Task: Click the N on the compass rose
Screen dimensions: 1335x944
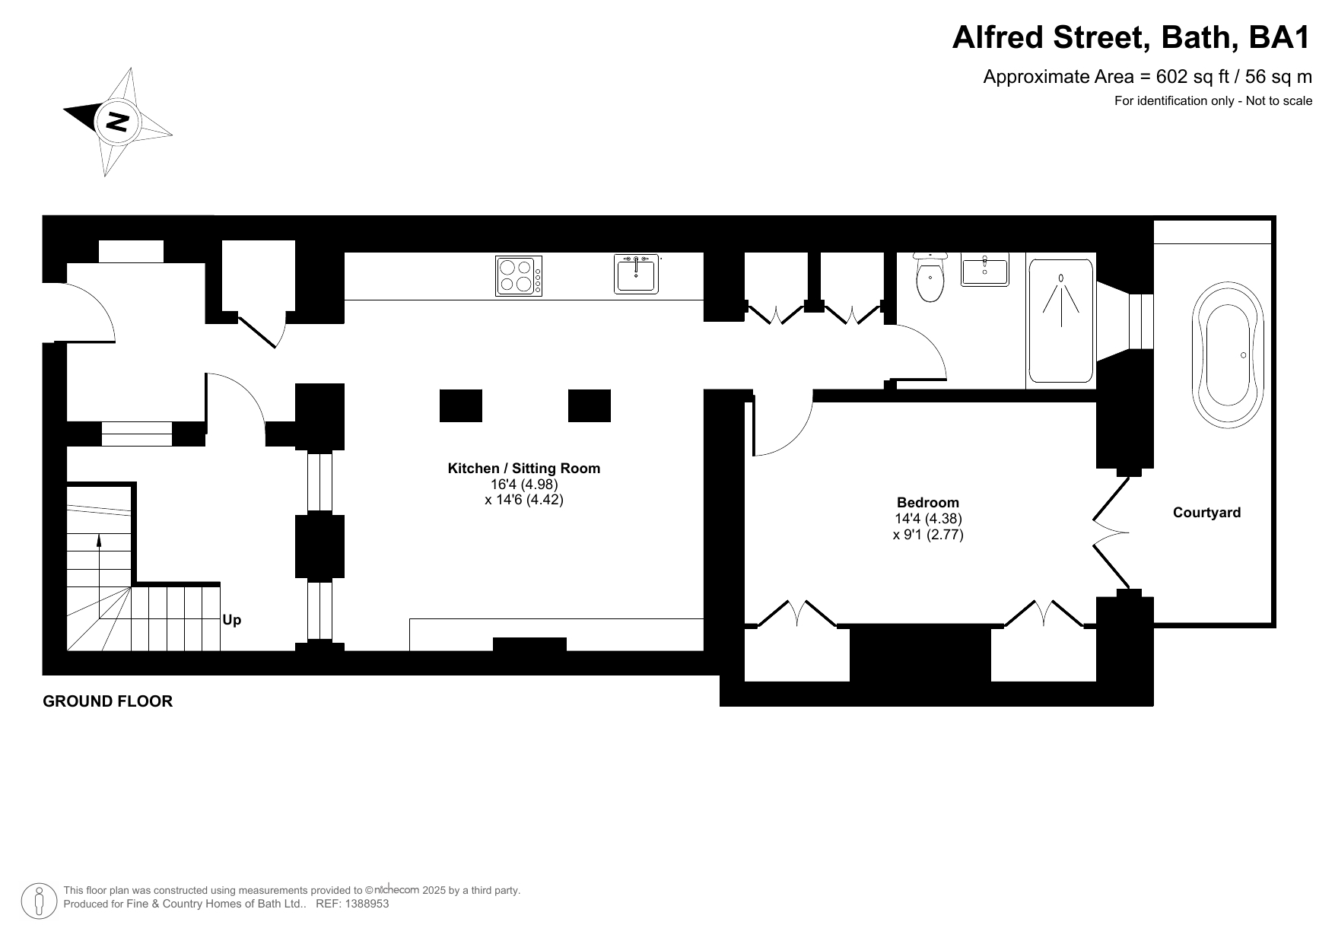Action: tap(117, 121)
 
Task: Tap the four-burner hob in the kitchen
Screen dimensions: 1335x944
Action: tap(519, 275)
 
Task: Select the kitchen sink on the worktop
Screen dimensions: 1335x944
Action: tap(637, 274)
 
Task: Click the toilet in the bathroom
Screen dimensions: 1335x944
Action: tap(930, 277)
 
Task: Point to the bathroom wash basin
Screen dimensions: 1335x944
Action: tap(985, 271)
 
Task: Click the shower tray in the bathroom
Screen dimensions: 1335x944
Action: tap(1061, 321)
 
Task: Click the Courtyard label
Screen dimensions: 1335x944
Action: tap(1206, 513)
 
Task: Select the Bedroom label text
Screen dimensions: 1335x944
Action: tap(928, 502)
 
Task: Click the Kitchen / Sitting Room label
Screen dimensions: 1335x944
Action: tap(524, 469)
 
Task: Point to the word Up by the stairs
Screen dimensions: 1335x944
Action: tap(232, 620)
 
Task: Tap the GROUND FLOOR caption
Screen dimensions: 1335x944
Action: tap(108, 701)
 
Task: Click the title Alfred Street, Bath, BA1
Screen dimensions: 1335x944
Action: tap(1132, 37)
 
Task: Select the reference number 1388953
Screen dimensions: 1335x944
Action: tap(367, 904)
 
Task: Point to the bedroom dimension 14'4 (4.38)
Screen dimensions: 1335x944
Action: tap(928, 519)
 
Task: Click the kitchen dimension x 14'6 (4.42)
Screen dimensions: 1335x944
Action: tap(524, 500)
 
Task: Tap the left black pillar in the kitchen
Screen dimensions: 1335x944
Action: tap(461, 405)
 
